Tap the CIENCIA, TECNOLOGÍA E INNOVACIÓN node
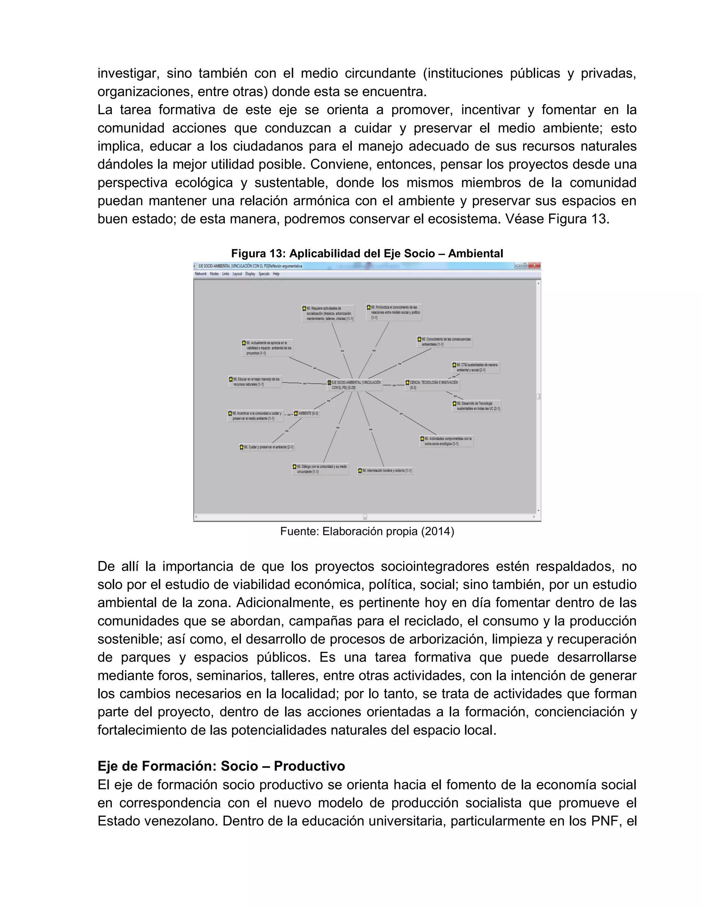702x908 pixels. point(433,384)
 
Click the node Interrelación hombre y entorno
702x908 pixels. point(385,471)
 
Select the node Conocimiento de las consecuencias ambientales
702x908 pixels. point(445,342)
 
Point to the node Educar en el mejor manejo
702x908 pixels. point(255,382)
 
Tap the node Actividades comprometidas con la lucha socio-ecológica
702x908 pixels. point(446,441)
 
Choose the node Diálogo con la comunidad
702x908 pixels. point(320,469)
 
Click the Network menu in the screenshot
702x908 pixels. point(201,274)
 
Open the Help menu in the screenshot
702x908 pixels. point(276,274)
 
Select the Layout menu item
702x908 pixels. point(237,274)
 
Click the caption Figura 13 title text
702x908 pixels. point(367,253)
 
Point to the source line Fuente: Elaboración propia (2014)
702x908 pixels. point(367,531)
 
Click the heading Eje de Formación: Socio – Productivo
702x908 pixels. point(221,765)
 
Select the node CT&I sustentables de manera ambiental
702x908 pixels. point(475,367)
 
